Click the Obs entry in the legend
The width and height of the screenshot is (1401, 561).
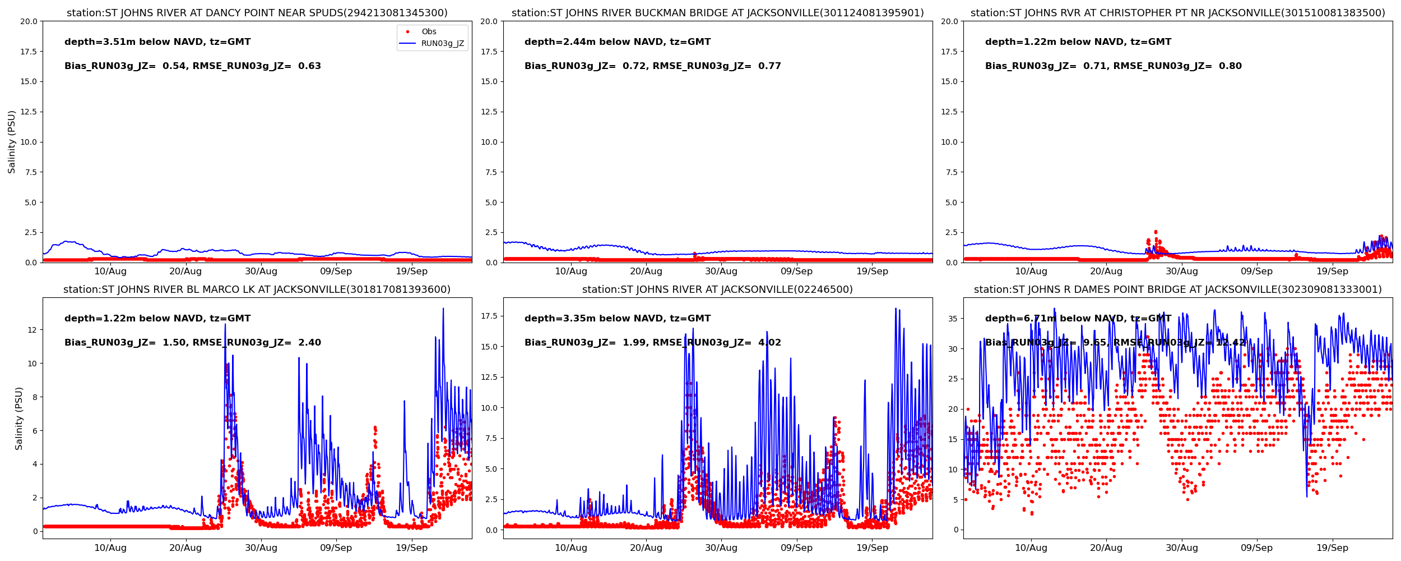tap(429, 32)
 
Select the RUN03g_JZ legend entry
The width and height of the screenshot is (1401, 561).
tap(442, 44)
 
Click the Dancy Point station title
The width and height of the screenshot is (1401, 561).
tap(257, 13)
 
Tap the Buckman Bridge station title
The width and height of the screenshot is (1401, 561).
tap(717, 13)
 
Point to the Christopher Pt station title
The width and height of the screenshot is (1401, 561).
tap(1177, 13)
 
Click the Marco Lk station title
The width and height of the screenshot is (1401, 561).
tap(257, 289)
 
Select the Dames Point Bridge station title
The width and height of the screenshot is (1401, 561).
tap(1177, 289)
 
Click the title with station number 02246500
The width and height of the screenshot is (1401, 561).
tap(717, 289)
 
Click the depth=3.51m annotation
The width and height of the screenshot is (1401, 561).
tap(157, 42)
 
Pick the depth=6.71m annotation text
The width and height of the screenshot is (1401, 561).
tap(1078, 319)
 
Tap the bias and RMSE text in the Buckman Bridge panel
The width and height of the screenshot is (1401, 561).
tap(652, 66)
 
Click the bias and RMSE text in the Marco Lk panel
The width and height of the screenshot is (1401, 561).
tap(193, 343)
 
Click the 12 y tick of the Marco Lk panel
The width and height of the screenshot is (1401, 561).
tap(32, 330)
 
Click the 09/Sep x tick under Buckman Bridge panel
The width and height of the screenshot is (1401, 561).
tap(796, 272)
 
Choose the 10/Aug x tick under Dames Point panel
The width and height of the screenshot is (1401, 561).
tap(1031, 548)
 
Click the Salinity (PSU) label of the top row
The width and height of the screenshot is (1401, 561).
tap(12, 142)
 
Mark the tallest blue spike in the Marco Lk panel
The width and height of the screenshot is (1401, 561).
tap(443, 309)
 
